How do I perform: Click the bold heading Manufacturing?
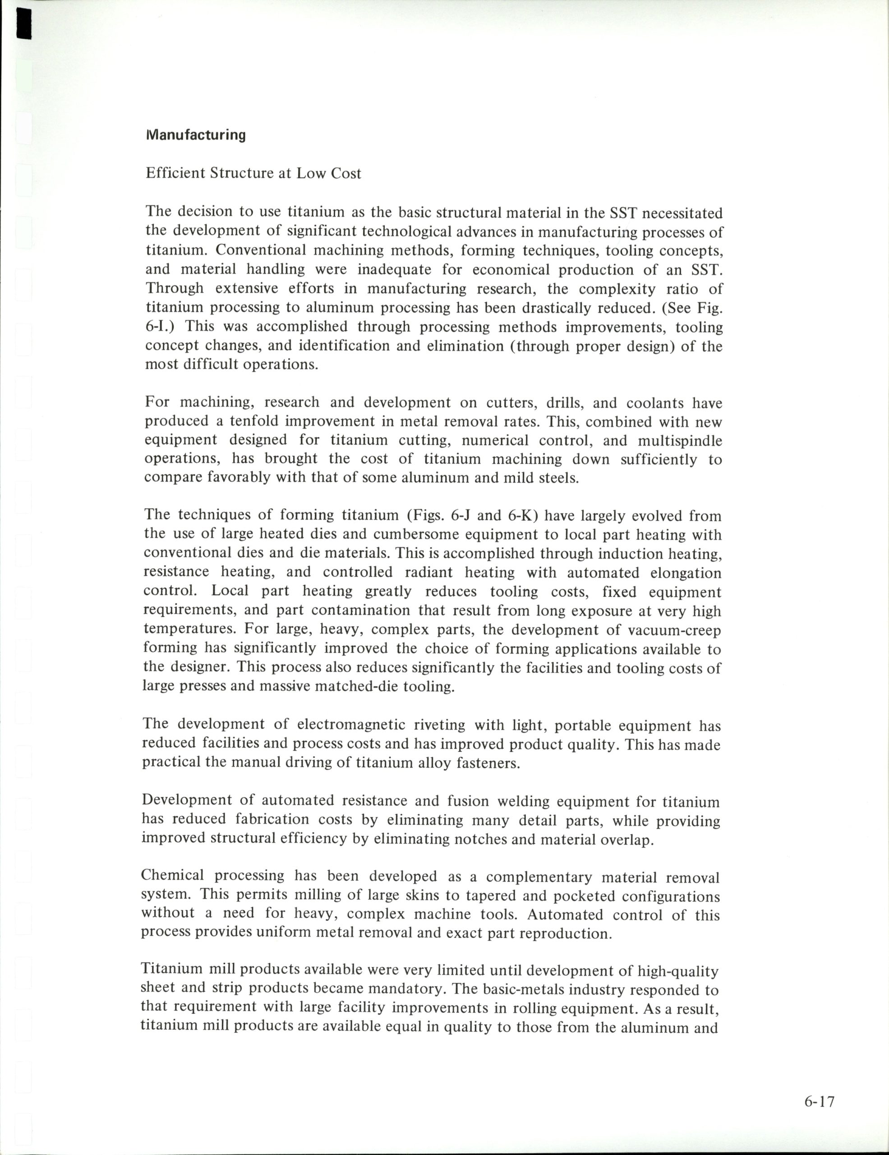point(196,135)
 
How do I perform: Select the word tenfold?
point(253,421)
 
